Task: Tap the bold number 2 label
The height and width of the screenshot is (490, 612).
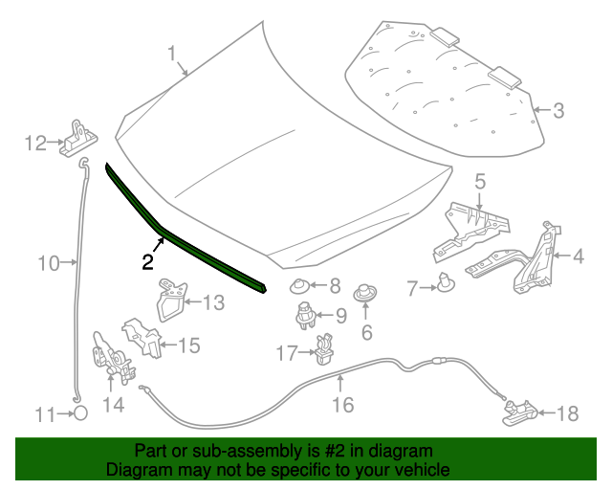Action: click(x=148, y=261)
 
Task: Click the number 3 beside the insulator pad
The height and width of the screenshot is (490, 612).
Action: click(x=558, y=111)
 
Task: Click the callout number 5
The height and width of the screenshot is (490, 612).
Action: click(x=479, y=181)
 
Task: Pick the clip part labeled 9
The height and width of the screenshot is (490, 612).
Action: click(x=303, y=315)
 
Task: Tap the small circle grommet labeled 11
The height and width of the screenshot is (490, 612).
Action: click(x=81, y=413)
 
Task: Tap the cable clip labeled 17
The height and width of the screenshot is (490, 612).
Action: click(x=324, y=351)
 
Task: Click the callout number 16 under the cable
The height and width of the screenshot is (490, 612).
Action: click(x=342, y=405)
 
